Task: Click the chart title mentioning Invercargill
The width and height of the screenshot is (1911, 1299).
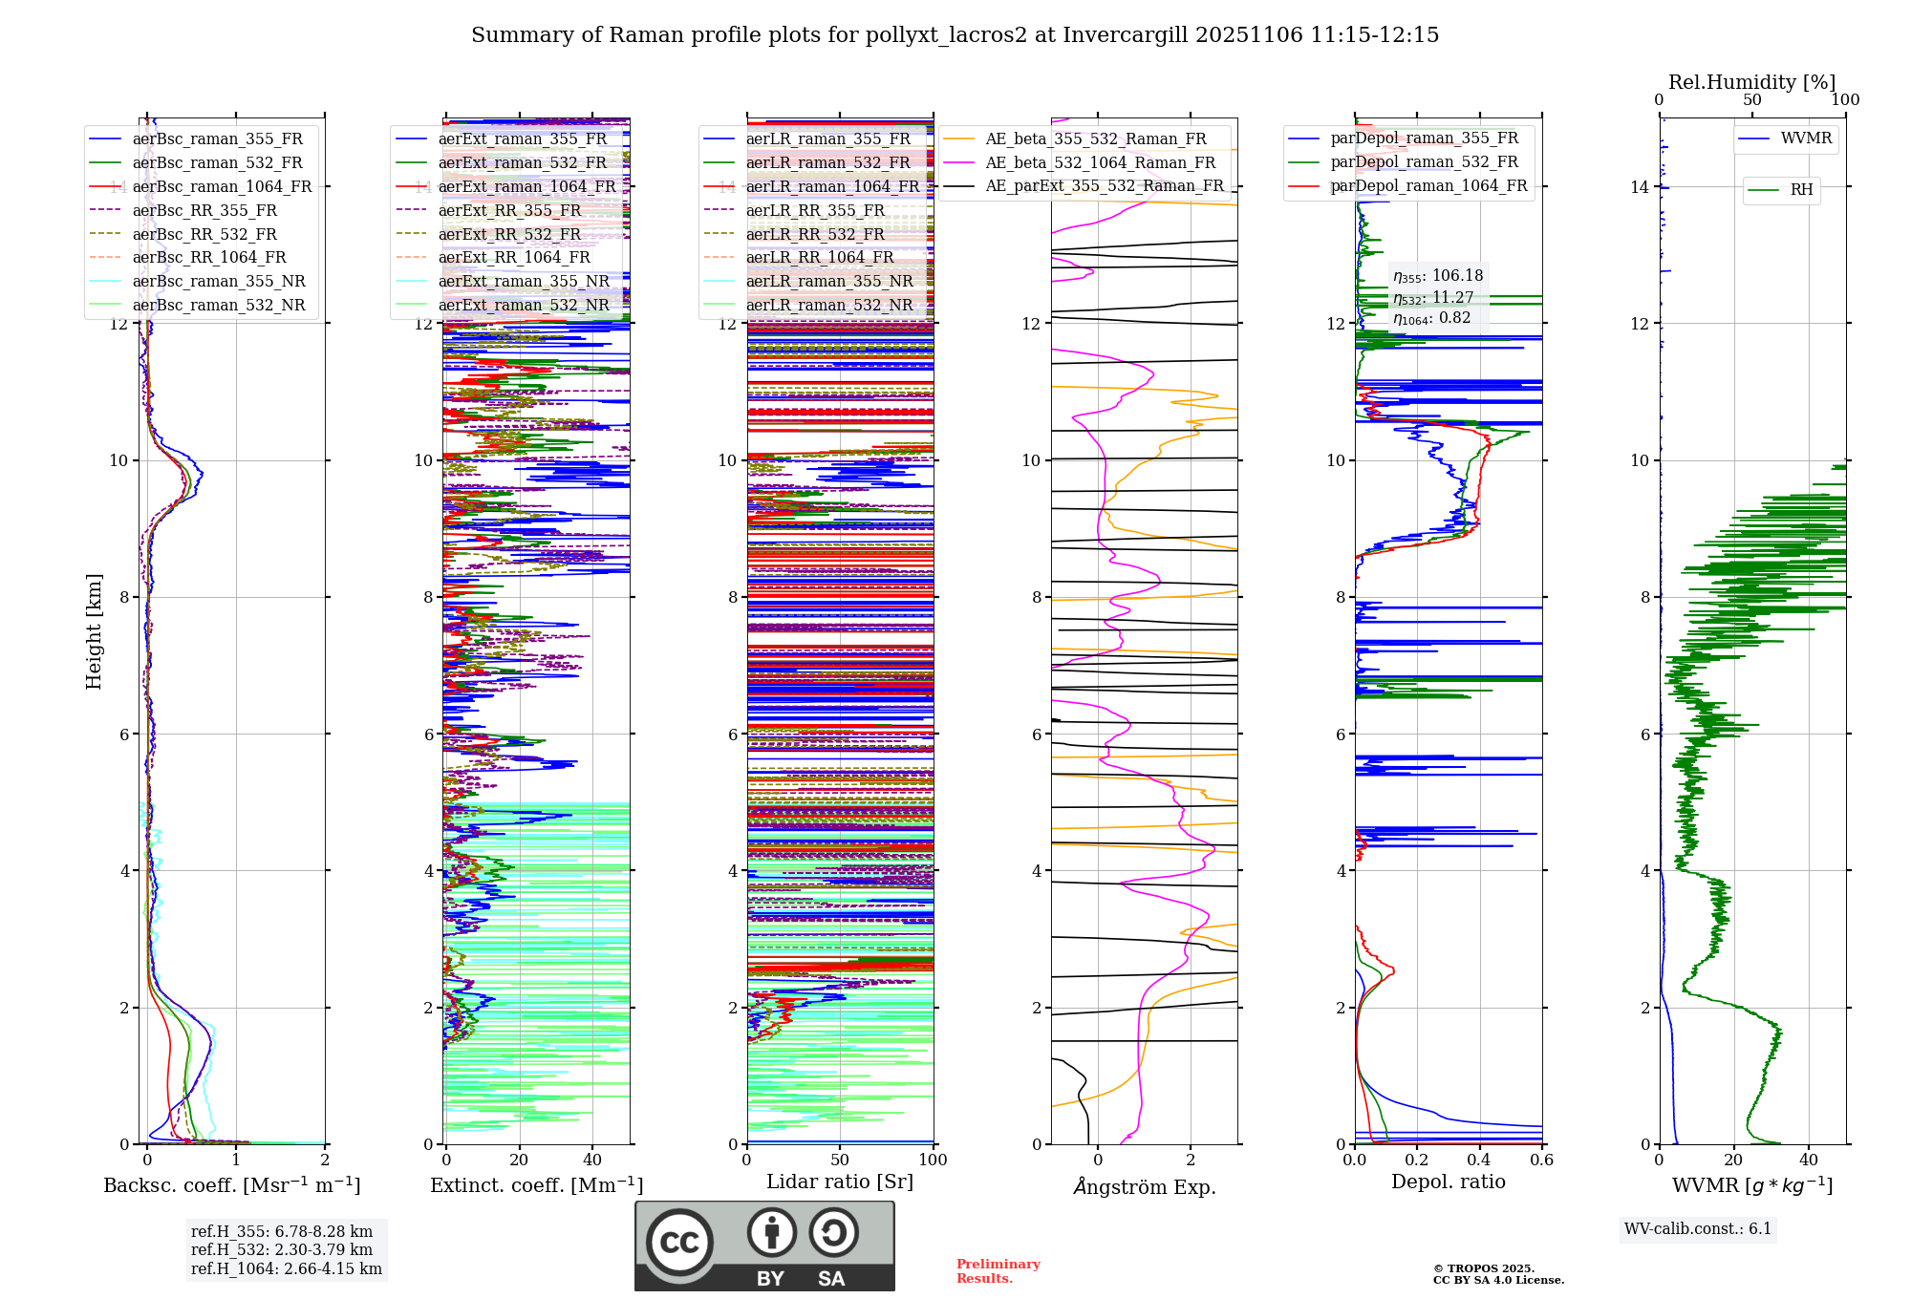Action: tap(955, 35)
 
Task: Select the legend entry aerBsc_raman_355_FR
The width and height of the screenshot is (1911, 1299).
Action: tap(217, 138)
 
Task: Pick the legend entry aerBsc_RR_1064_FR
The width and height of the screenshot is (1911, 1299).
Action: tap(209, 257)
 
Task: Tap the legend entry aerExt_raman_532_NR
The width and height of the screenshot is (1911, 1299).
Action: tap(523, 305)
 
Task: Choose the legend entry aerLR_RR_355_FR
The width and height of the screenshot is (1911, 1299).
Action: tap(814, 210)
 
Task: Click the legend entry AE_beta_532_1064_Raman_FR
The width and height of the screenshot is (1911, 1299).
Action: tap(1100, 162)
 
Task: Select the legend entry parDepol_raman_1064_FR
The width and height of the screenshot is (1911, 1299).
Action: tap(1428, 185)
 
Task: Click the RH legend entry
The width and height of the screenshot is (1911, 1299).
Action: tap(1801, 190)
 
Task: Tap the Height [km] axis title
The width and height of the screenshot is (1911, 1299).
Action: tap(94, 631)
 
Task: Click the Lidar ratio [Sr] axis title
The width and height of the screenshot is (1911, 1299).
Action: tap(839, 1182)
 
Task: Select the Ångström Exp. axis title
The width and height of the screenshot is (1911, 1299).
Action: tap(1144, 1186)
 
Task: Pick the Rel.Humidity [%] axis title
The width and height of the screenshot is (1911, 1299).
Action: tap(1751, 82)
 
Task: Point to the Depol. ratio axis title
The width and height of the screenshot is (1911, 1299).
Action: tap(1448, 1182)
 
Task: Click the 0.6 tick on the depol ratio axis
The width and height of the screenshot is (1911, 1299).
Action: tap(1541, 1160)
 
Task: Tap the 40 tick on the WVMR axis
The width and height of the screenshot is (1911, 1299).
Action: tap(1808, 1160)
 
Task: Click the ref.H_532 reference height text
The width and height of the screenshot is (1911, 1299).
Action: tap(282, 1249)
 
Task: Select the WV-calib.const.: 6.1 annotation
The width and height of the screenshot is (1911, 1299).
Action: tap(1698, 1228)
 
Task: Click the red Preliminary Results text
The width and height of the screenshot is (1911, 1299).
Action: tap(998, 1270)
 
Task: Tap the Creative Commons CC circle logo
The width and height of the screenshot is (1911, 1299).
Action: tap(679, 1242)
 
